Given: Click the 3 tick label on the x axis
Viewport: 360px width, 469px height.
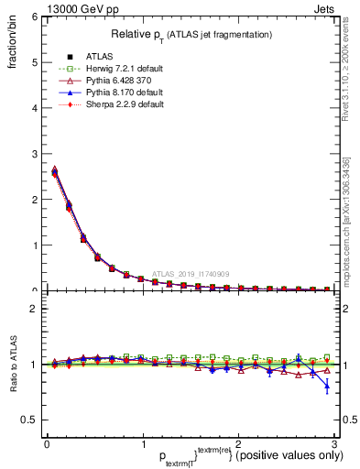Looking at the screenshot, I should (x=334, y=444).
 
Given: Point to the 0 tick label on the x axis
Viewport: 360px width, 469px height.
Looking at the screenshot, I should (x=46, y=444).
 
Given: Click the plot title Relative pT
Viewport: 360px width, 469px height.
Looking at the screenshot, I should (x=191, y=34).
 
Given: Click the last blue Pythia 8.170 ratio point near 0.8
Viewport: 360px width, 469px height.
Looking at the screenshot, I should (x=328, y=387).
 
